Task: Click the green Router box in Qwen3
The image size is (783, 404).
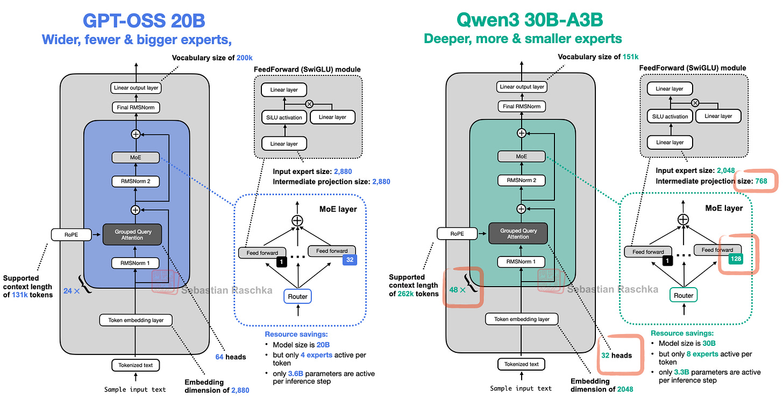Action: tap(684, 295)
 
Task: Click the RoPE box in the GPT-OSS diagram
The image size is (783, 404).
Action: tap(69, 234)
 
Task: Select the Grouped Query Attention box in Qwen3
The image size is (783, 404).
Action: tap(518, 234)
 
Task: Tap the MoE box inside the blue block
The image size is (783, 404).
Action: tap(136, 157)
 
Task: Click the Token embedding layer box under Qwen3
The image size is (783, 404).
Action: tap(521, 319)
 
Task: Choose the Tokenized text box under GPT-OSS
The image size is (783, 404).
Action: tap(136, 365)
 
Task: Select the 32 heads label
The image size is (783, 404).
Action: tap(617, 355)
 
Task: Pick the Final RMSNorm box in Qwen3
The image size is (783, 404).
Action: tap(521, 107)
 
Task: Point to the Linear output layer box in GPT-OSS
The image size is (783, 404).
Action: tap(137, 87)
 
